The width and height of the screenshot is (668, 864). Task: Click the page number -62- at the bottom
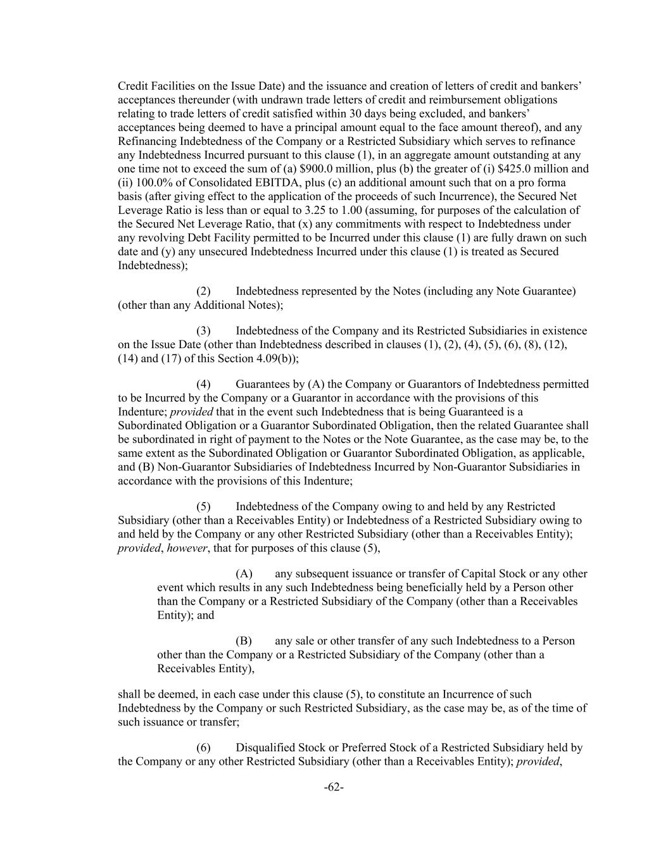[x=334, y=787]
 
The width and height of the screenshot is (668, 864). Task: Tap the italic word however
[x=187, y=548]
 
